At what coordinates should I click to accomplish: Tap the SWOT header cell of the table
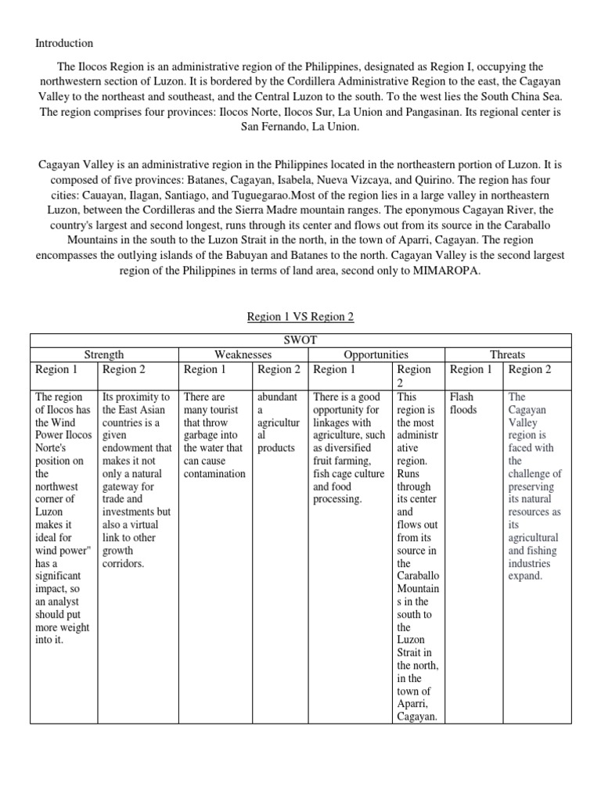coord(300,340)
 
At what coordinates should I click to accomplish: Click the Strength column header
coord(104,355)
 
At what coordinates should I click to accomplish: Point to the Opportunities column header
coord(376,355)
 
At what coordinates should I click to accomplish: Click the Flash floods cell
coord(463,403)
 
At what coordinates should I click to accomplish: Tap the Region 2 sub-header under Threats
coord(530,369)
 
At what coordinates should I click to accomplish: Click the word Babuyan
coord(266,255)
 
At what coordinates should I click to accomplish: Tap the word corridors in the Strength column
coord(124,563)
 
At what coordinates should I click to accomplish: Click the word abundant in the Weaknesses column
coord(277,397)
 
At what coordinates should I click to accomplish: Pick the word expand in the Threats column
coord(526,576)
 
